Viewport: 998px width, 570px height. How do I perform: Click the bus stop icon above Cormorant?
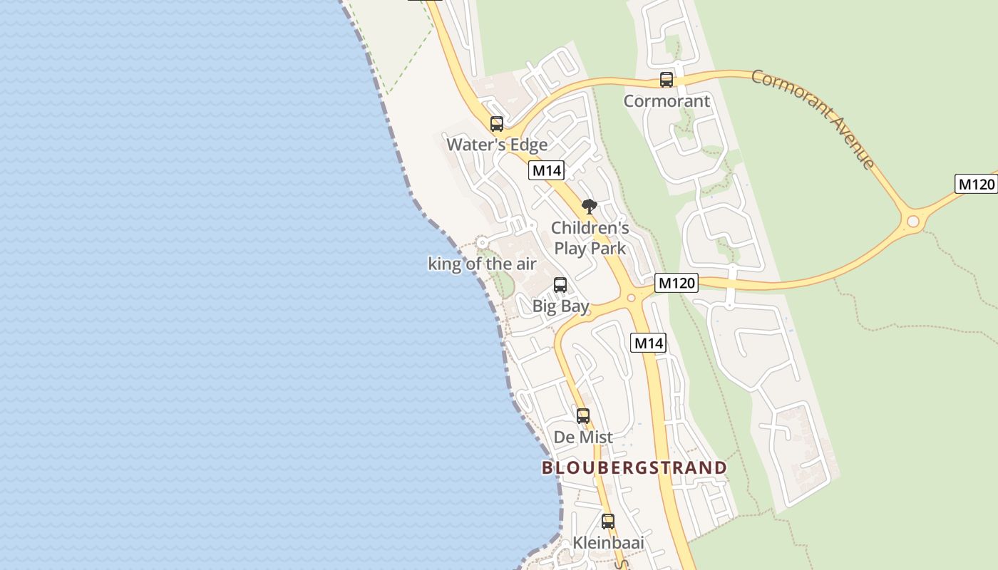(667, 80)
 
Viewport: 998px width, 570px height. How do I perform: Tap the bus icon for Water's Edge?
(497, 124)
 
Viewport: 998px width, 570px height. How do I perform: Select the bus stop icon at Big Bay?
(560, 285)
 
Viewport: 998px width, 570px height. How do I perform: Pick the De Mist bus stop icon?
(583, 416)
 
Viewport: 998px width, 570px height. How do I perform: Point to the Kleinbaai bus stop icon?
(608, 522)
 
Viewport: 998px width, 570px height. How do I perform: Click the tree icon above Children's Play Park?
(589, 207)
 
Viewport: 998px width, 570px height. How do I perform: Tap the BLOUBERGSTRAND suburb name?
(634, 468)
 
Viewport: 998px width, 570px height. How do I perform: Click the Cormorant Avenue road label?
(813, 118)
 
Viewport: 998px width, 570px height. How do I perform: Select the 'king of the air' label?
(482, 264)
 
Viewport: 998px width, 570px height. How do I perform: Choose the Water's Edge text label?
(497, 145)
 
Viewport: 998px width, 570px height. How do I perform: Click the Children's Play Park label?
(590, 238)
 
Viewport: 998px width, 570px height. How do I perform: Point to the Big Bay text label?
(561, 306)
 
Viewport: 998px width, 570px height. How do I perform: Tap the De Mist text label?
(583, 437)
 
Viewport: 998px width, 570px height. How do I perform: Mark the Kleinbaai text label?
(608, 543)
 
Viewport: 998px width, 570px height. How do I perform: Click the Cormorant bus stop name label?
(667, 101)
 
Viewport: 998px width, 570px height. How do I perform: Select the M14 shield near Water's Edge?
(547, 171)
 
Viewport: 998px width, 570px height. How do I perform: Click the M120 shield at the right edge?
(976, 185)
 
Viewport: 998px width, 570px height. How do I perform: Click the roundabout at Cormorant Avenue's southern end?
(913, 222)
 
